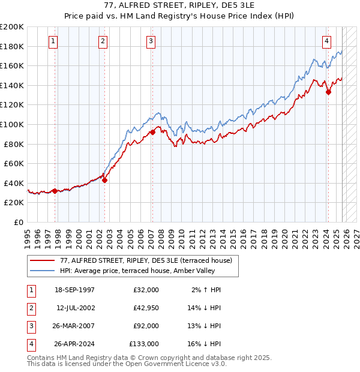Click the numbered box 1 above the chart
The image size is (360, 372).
point(53,41)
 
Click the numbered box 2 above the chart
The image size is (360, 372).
point(103,41)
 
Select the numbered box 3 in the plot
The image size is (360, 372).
point(151,41)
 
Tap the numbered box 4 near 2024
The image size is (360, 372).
point(326,41)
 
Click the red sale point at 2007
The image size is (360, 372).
point(152,132)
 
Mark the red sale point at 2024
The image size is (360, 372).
point(328,92)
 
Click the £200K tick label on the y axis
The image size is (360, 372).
point(12,27)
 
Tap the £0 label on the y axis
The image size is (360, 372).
point(19,222)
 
